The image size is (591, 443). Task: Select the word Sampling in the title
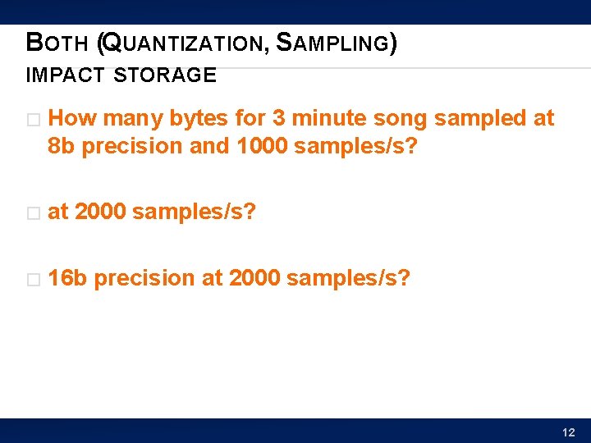pyautogui.click(x=332, y=43)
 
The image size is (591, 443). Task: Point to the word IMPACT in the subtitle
pyautogui.click(x=65, y=76)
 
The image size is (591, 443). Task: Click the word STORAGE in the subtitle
pyautogui.click(x=165, y=76)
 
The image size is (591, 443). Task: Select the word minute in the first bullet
pyautogui.click(x=328, y=119)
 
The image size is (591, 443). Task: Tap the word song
pyautogui.click(x=400, y=119)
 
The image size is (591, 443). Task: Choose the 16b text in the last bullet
pyautogui.click(x=67, y=279)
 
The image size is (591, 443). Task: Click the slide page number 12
pyautogui.click(x=569, y=432)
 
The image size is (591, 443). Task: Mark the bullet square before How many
pyautogui.click(x=32, y=120)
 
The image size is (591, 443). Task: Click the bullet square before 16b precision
pyautogui.click(x=32, y=280)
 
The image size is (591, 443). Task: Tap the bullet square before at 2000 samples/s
pyautogui.click(x=32, y=213)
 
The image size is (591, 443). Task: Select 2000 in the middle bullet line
pyautogui.click(x=100, y=212)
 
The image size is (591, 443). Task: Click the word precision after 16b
pyautogui.click(x=144, y=279)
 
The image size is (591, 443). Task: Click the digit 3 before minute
pyautogui.click(x=279, y=119)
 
